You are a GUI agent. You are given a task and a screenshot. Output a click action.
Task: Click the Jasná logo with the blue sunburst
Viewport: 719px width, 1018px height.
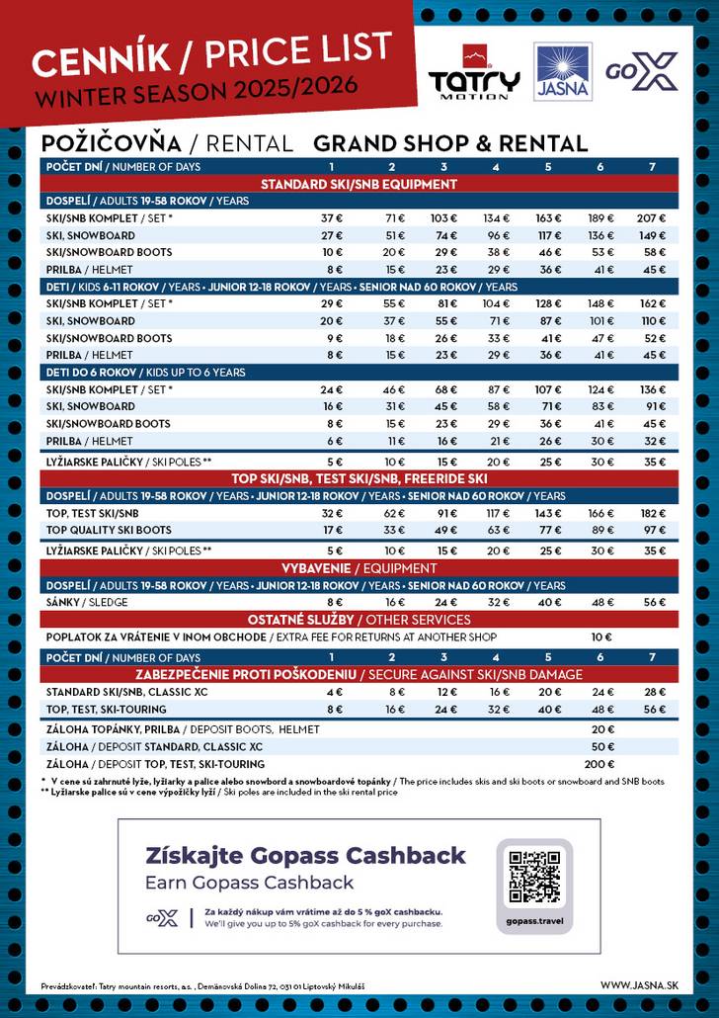pos(563,71)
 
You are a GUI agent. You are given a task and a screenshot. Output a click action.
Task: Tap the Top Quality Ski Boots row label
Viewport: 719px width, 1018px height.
pos(109,531)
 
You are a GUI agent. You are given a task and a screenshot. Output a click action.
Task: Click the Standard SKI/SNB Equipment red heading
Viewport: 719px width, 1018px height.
pos(359,184)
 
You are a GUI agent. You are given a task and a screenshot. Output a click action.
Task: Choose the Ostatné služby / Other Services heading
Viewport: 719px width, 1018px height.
pos(359,620)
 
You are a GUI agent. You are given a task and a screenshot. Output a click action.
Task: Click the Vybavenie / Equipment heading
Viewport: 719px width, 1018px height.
pos(359,568)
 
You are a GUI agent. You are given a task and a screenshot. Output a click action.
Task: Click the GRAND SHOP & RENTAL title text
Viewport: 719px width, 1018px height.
pos(449,143)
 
